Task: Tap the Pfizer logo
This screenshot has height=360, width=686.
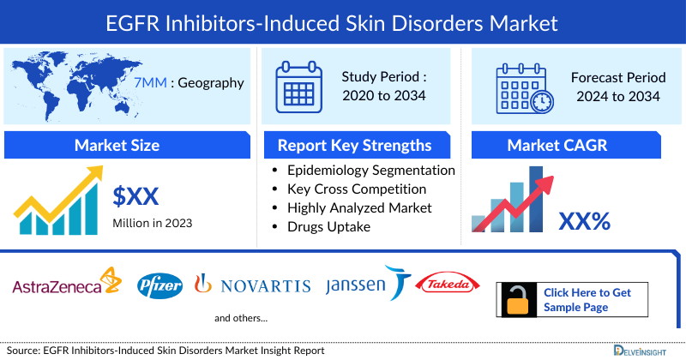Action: coord(160,285)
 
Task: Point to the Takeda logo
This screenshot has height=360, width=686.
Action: coord(444,284)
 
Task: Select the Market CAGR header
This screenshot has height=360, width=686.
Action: coord(557,146)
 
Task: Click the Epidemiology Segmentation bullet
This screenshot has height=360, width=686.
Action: coord(371,170)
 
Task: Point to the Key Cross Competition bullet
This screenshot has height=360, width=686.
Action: coord(357,189)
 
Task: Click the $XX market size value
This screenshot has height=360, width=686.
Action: coord(135,196)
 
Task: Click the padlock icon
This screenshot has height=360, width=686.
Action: coord(518,300)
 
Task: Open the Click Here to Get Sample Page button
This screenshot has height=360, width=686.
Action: coord(587,300)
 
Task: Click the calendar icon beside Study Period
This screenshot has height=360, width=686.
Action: coord(298,86)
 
